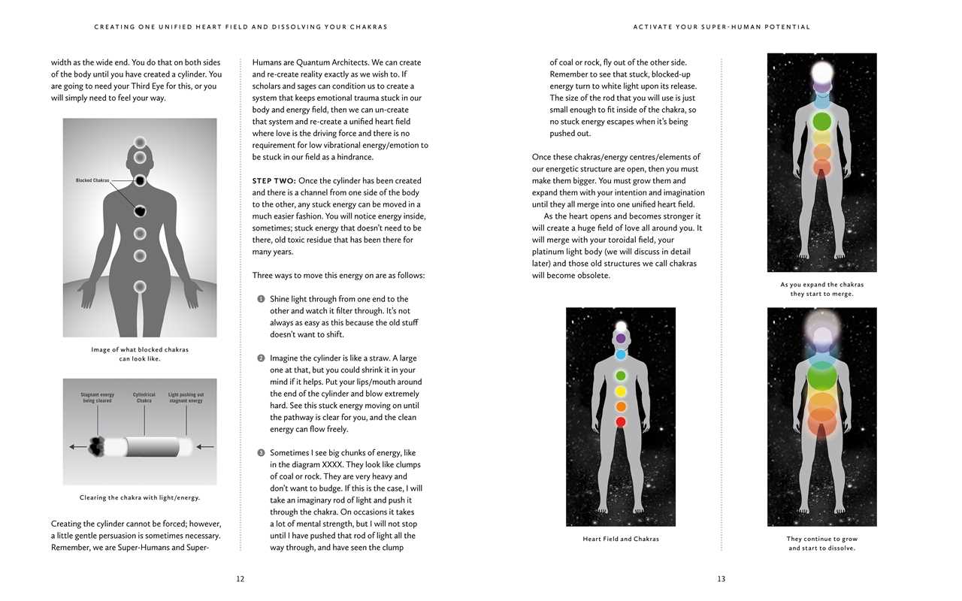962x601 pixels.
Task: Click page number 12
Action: [240, 579]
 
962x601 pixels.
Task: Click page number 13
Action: [721, 579]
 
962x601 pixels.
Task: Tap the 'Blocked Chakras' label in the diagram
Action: [92, 180]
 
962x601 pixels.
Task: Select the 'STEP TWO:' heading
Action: [274, 181]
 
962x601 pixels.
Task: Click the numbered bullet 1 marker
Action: [261, 299]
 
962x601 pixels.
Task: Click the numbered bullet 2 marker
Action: [261, 358]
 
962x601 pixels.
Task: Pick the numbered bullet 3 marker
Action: [261, 453]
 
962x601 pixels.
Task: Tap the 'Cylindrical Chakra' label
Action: [144, 397]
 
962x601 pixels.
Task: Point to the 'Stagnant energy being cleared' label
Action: [98, 397]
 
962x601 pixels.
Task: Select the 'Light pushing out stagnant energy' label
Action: [186, 397]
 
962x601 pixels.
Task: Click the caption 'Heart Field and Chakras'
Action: [621, 539]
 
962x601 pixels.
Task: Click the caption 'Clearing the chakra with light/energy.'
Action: [140, 497]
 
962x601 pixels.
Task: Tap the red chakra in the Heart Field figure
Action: [621, 422]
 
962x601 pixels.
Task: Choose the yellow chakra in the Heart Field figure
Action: [621, 391]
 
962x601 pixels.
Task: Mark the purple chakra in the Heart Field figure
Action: [621, 339]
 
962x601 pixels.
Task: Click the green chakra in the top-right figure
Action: [821, 120]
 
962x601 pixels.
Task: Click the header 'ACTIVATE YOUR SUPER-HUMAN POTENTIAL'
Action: [721, 27]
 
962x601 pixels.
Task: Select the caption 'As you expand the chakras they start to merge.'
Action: [821, 289]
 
